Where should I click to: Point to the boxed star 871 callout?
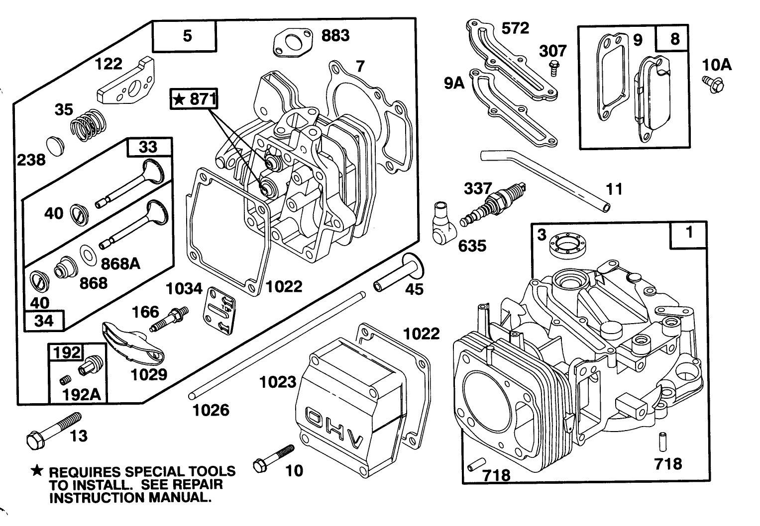(x=194, y=99)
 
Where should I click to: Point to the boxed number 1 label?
(x=689, y=234)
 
